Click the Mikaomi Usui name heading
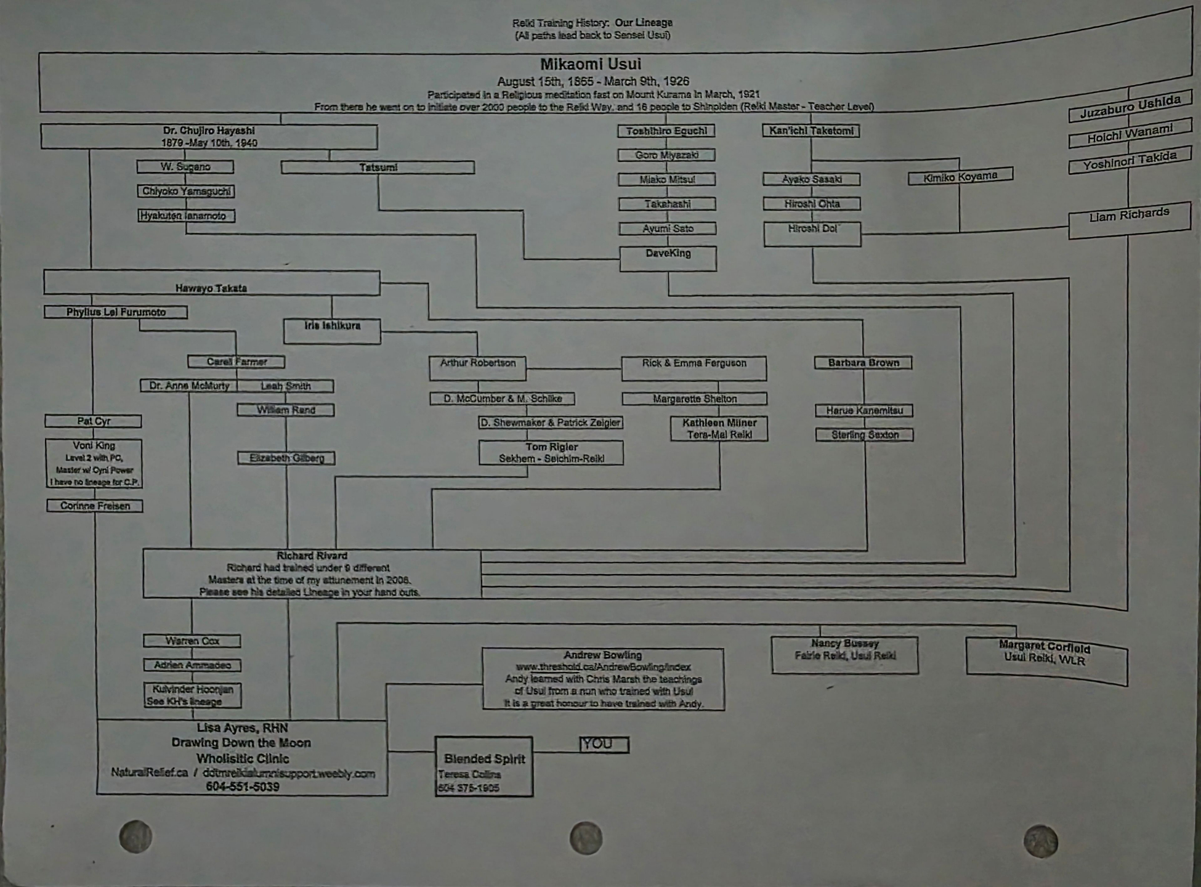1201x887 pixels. pyautogui.click(x=591, y=64)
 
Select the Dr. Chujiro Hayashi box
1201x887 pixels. pyautogui.click(x=209, y=137)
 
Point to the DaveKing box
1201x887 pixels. pyautogui.click(x=668, y=259)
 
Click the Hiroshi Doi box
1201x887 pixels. pyautogui.click(x=812, y=234)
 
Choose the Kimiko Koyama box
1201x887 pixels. pyautogui.click(x=960, y=177)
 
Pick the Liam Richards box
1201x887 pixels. pyautogui.click(x=1129, y=221)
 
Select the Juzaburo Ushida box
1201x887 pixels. pyautogui.click(x=1130, y=106)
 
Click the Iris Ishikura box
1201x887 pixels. pyautogui.click(x=332, y=331)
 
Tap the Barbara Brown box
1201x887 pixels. pyautogui.click(x=863, y=363)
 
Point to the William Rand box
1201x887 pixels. pyautogui.click(x=286, y=410)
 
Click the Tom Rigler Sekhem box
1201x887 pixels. pyautogui.click(x=551, y=453)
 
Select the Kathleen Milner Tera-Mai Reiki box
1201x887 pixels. pyautogui.click(x=719, y=429)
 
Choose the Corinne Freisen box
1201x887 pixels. pyautogui.click(x=95, y=506)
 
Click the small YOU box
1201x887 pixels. pyautogui.click(x=604, y=745)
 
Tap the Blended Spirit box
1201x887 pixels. pyautogui.click(x=484, y=766)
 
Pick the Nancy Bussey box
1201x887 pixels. pyautogui.click(x=844, y=654)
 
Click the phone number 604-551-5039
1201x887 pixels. pyautogui.click(x=243, y=787)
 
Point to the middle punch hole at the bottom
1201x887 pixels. pyautogui.click(x=586, y=838)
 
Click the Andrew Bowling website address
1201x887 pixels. pyautogui.click(x=603, y=667)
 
